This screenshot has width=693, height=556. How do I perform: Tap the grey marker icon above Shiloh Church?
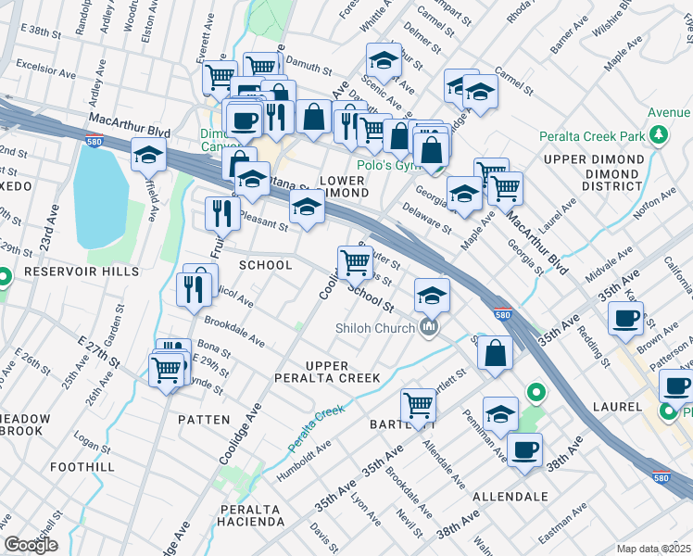click(x=428, y=327)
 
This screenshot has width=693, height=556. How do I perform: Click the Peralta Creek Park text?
click(x=592, y=136)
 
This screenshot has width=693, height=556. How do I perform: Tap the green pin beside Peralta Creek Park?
click(x=659, y=136)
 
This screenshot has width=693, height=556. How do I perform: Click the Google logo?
click(x=31, y=546)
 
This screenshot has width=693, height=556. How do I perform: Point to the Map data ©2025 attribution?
click(x=653, y=549)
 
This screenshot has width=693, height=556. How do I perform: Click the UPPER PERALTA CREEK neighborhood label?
click(x=327, y=369)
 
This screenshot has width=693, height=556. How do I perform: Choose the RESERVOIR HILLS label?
click(x=68, y=272)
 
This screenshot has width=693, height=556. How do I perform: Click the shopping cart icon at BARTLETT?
click(x=419, y=405)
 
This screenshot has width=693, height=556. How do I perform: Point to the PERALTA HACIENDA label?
click(x=252, y=516)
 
